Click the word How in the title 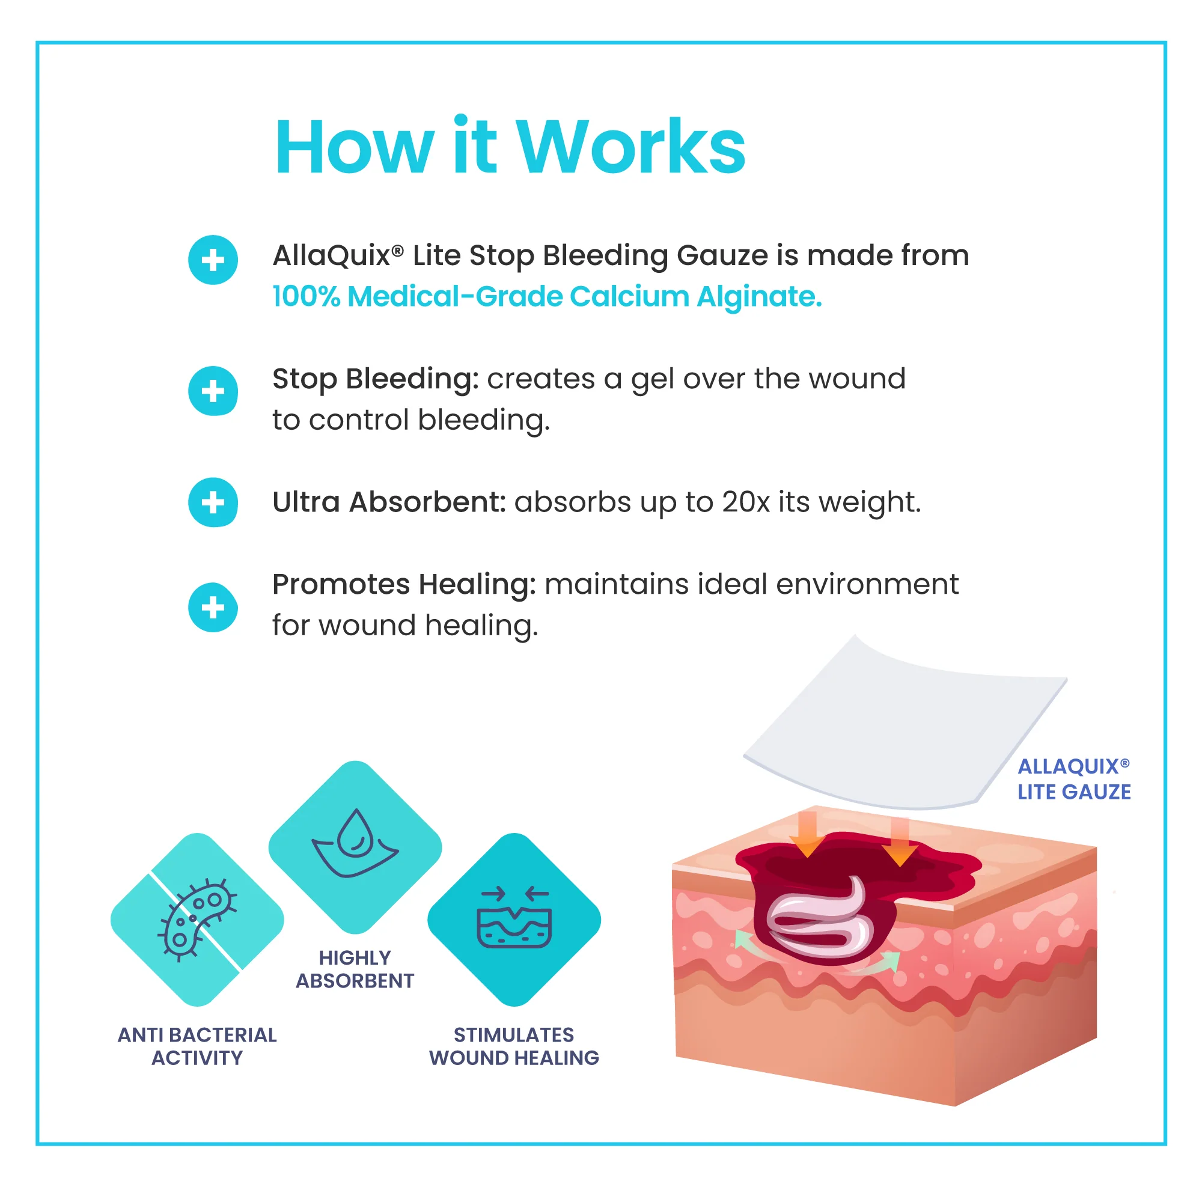point(354,147)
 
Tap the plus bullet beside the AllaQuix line point(213,260)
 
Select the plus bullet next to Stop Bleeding point(213,391)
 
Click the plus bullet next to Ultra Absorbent point(213,502)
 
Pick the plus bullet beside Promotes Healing point(213,607)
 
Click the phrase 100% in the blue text point(306,296)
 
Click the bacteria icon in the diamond point(197,919)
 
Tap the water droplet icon point(355,843)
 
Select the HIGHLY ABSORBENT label point(355,969)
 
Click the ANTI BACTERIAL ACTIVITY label point(197,1046)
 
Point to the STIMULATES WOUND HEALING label point(514,1046)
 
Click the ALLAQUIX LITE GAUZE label point(1073,779)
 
